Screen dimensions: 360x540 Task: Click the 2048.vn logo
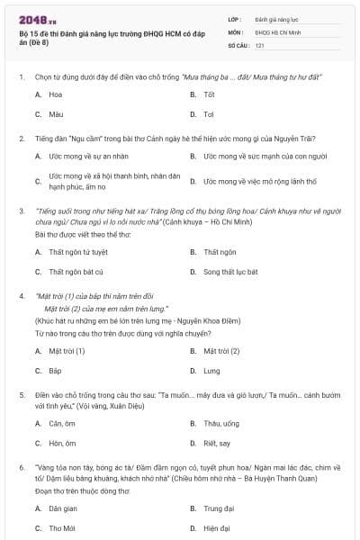(x=37, y=19)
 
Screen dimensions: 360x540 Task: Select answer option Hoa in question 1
(x=56, y=94)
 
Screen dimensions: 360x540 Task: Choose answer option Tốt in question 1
(x=209, y=94)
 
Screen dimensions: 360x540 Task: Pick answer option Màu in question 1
(x=56, y=114)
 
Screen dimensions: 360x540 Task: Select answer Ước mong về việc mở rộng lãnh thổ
(x=259, y=181)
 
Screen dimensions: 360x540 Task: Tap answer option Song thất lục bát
(x=230, y=271)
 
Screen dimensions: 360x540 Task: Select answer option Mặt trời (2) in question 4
(x=221, y=350)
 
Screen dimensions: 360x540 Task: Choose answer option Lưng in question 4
(x=211, y=370)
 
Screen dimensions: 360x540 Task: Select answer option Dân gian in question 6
(x=62, y=508)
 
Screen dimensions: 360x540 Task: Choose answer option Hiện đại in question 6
(x=217, y=527)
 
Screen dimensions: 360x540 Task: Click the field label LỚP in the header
(x=235, y=19)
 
